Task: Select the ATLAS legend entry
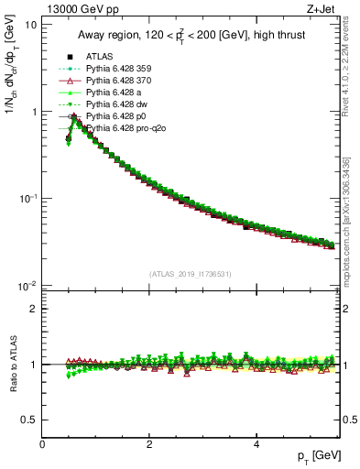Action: point(100,57)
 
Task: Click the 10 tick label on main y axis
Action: point(30,24)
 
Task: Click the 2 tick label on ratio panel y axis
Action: point(34,309)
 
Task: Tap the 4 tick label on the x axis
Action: point(256,444)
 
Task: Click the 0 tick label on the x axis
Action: point(42,444)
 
